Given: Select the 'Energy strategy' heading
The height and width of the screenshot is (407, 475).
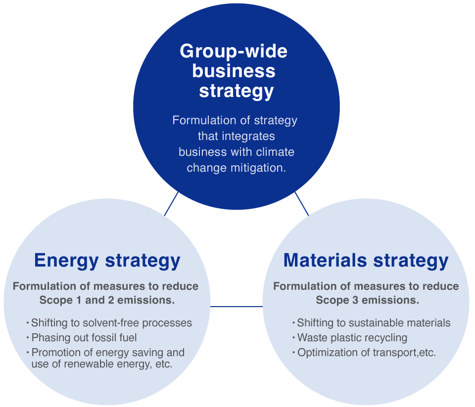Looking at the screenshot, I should [107, 260].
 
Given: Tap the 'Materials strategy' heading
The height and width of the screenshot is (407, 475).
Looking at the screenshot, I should [366, 260].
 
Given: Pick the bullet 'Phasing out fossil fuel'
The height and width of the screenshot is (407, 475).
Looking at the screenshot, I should [84, 338].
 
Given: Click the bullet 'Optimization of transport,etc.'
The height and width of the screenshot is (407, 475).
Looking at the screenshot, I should [366, 353].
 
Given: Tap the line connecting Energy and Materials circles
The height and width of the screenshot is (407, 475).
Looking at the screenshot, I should [237, 307].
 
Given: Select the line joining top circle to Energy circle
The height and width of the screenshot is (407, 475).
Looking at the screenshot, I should [171, 203].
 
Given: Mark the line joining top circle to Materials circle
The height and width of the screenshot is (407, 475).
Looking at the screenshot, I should [301, 203].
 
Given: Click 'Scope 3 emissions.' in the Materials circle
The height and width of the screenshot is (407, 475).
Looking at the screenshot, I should [367, 300].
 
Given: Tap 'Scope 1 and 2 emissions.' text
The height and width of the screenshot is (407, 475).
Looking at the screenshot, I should [106, 300].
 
